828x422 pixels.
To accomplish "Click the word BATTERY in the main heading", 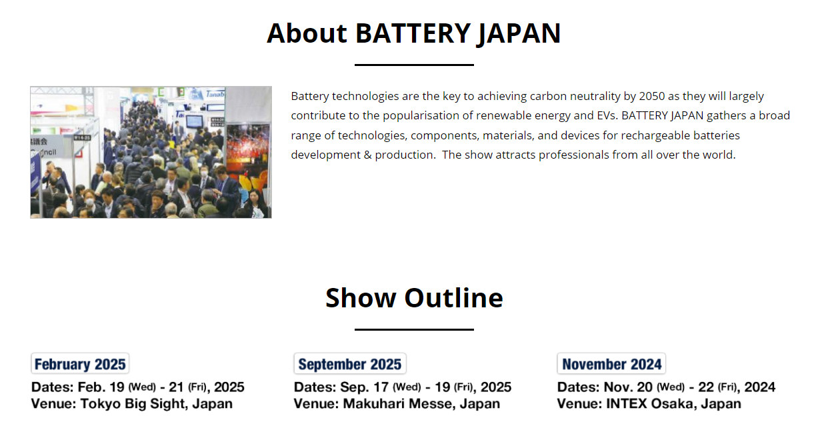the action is [413, 33].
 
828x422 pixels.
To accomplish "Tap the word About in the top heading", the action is [307, 33].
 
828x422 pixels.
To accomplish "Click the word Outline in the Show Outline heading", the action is [453, 298].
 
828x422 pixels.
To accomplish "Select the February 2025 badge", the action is [80, 364].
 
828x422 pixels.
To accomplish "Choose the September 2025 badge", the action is [350, 364].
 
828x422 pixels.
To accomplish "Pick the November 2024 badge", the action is [612, 364].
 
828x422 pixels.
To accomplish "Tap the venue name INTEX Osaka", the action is [650, 404].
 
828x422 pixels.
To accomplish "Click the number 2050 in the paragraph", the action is [652, 96].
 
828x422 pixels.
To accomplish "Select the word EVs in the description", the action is [606, 115].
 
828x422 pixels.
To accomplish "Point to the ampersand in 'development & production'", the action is [367, 155].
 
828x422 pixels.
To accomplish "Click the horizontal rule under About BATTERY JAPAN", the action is [414, 65].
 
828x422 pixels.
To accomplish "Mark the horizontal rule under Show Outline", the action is [414, 329].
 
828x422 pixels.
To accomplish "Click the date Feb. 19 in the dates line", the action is [101, 387].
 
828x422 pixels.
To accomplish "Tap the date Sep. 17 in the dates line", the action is [365, 387].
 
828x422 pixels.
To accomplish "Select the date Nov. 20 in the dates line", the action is [628, 387].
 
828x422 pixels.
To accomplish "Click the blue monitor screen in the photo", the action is [194, 121].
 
